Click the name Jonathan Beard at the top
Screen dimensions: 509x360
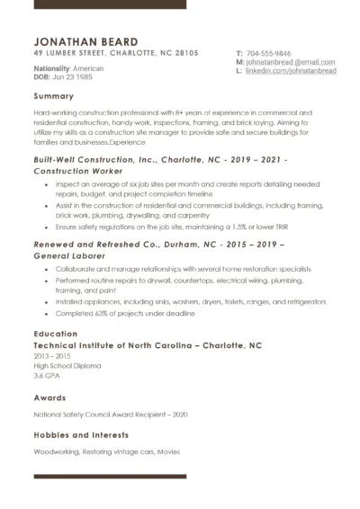point(85,41)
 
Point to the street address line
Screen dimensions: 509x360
point(115,53)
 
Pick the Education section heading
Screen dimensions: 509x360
point(55,334)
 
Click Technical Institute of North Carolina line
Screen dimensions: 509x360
point(147,345)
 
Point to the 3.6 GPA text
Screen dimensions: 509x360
point(46,375)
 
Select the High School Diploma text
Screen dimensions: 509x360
point(67,365)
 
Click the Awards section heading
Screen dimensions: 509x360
point(49,397)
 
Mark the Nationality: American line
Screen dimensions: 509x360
point(68,68)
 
